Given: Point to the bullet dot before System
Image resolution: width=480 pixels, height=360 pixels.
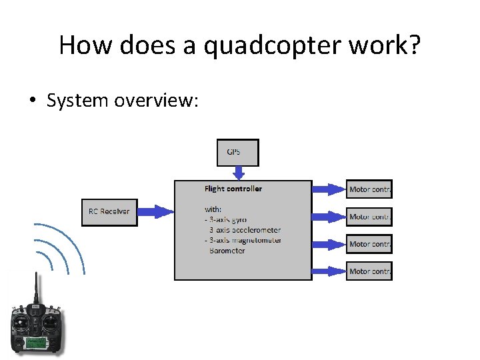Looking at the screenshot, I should pyautogui.click(x=32, y=101).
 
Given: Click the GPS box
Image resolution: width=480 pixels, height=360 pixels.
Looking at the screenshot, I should pyautogui.click(x=237, y=152).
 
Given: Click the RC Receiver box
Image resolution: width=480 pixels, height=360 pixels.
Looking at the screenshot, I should pyautogui.click(x=109, y=212).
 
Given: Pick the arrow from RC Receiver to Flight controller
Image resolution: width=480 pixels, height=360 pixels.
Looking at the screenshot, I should pyautogui.click(x=155, y=212).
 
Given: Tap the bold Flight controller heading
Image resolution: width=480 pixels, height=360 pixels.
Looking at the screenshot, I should pyautogui.click(x=233, y=189).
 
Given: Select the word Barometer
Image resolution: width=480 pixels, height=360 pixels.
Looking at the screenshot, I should pyautogui.click(x=227, y=251).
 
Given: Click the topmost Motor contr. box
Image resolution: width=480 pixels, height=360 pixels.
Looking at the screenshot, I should pyautogui.click(x=369, y=189).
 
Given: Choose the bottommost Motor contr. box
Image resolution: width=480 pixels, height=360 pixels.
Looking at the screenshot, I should pyautogui.click(x=369, y=271).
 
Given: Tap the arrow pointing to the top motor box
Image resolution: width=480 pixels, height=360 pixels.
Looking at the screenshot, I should pyautogui.click(x=329, y=189).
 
